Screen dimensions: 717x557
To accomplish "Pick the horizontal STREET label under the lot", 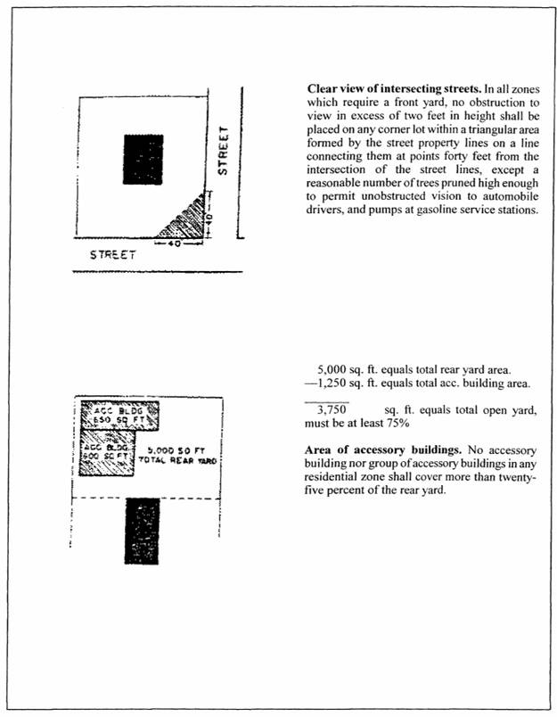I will tap(113, 255).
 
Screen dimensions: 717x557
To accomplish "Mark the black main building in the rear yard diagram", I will tap(142, 531).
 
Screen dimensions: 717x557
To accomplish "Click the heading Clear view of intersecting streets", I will tap(382, 90).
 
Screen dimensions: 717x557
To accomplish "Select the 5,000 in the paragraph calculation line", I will tap(333, 369).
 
